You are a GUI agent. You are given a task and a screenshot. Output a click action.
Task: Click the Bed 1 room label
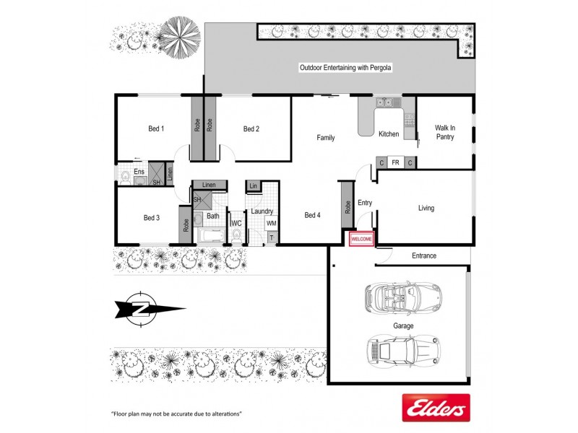156,129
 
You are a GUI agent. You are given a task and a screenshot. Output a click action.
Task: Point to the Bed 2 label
251,129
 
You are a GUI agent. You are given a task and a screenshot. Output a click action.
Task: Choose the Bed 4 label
311,215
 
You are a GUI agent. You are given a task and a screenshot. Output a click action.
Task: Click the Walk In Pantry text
444,132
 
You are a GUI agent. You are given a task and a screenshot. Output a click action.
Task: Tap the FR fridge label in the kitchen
395,163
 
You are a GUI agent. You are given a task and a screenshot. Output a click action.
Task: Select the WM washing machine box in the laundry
271,224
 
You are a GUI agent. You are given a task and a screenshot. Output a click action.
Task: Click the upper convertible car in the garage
402,295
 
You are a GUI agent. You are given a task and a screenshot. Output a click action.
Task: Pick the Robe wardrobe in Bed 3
184,224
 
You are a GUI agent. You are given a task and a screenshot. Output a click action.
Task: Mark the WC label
236,224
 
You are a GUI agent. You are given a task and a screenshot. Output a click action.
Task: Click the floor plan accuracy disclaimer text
176,414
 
